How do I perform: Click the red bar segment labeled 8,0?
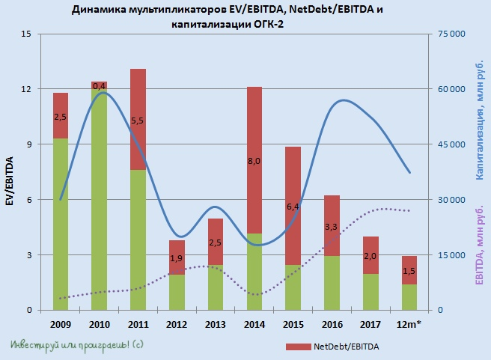coord(254,160)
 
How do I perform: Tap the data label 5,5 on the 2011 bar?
coord(138,120)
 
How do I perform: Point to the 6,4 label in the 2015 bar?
coord(293,207)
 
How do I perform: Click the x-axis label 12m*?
coord(409,325)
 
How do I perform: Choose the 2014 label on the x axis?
coord(254,325)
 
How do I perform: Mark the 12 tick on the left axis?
coord(26,89)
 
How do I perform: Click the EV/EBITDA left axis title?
coord(10,180)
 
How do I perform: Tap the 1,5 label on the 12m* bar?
coord(409,271)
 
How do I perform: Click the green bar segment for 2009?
coord(61,225)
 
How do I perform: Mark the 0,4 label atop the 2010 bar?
coord(99,86)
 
